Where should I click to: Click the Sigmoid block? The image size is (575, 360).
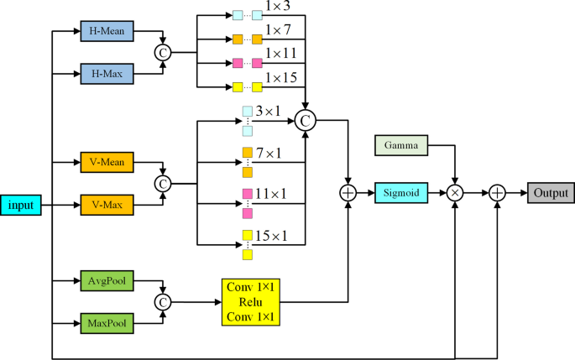[x=400, y=193]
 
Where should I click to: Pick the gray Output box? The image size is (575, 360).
[x=551, y=193]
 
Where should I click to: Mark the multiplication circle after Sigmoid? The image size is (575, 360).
[x=456, y=193]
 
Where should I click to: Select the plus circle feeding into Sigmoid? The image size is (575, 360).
[x=348, y=193]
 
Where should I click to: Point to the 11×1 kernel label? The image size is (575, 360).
[x=272, y=194]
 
